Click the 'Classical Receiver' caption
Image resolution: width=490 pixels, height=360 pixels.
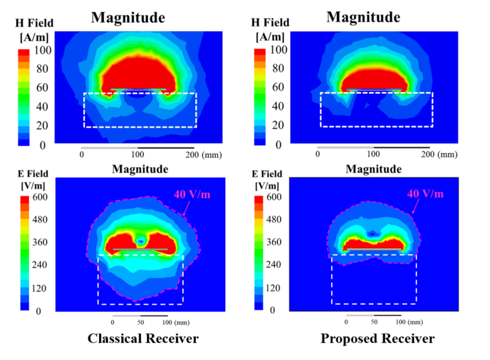[x=143, y=338]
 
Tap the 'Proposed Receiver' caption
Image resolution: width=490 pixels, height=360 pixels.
[x=378, y=338]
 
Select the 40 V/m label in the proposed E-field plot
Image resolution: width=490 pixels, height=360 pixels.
[x=425, y=193]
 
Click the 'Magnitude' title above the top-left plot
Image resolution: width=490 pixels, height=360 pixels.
[x=128, y=18]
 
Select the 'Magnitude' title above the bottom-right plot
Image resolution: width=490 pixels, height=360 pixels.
[x=373, y=169]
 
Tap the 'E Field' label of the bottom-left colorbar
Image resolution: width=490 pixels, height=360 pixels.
[x=35, y=174]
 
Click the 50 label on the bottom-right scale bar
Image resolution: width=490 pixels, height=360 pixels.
[x=374, y=322]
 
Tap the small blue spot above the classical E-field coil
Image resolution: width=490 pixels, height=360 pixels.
[x=141, y=242]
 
